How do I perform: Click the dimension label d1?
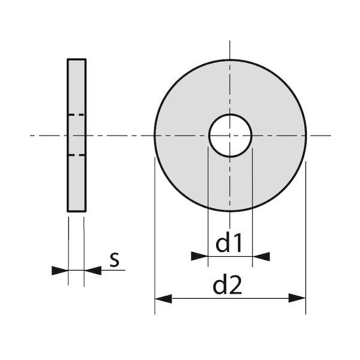tap(229, 244)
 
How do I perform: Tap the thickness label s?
tap(115, 260)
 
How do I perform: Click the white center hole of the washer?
tap(230, 135)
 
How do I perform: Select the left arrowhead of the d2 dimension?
tap(163, 298)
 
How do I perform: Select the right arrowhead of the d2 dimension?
tap(297, 298)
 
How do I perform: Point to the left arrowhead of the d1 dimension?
tap(199, 256)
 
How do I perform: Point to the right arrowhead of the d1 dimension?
tap(261, 256)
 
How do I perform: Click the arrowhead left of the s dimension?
tap(60, 271)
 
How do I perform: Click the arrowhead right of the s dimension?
tap(92, 271)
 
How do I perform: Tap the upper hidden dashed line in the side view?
tap(76, 115)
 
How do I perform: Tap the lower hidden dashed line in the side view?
tap(76, 155)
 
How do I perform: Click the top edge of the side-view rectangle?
tap(76, 59)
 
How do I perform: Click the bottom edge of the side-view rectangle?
tap(76, 211)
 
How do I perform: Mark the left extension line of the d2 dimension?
tap(155, 240)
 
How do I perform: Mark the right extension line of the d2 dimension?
tap(305, 240)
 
